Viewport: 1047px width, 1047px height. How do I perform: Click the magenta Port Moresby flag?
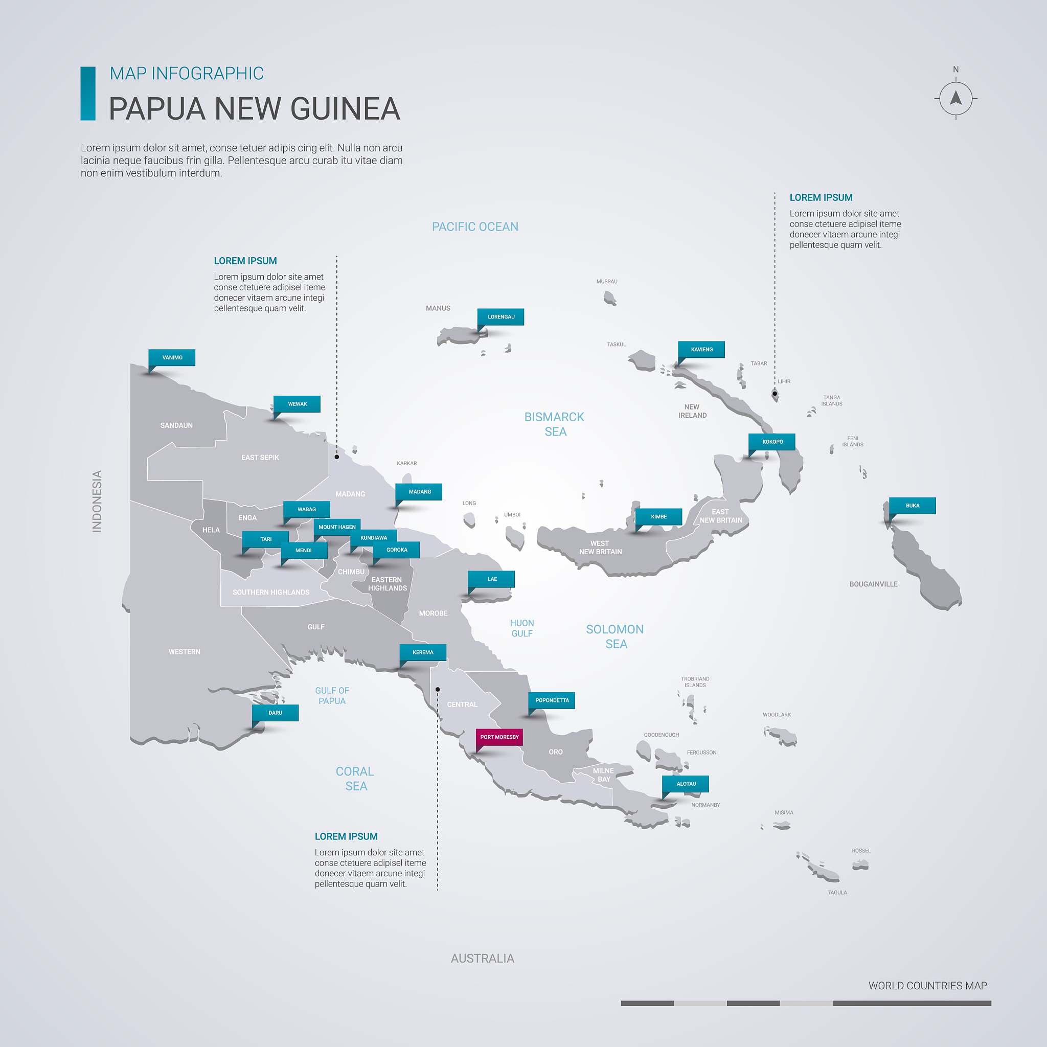[x=499, y=737]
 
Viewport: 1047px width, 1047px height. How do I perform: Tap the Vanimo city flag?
[x=172, y=358]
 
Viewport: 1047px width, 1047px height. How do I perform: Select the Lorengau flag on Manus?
[x=500, y=317]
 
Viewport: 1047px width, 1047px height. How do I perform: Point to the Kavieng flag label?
[x=701, y=350]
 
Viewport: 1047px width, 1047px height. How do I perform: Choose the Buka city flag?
[x=912, y=506]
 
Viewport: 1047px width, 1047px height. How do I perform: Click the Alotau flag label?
[x=686, y=784]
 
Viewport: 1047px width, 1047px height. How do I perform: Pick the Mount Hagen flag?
[x=336, y=527]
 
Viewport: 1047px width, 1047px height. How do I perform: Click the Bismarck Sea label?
[x=554, y=424]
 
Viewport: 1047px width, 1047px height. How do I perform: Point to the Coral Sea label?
[x=355, y=779]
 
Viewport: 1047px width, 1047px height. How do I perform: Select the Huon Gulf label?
[x=522, y=628]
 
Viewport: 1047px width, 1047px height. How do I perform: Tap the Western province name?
[x=184, y=652]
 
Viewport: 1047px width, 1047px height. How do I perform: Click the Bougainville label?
[x=873, y=584]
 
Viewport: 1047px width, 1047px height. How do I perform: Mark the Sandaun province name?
[x=177, y=425]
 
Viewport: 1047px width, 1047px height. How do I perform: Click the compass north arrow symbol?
[x=955, y=99]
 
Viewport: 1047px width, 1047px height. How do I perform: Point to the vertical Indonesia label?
[x=97, y=502]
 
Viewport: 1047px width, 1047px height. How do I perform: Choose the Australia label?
[x=482, y=959]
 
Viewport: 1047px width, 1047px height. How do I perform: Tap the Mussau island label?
[x=606, y=282]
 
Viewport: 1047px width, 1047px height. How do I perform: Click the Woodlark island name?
[x=777, y=715]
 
